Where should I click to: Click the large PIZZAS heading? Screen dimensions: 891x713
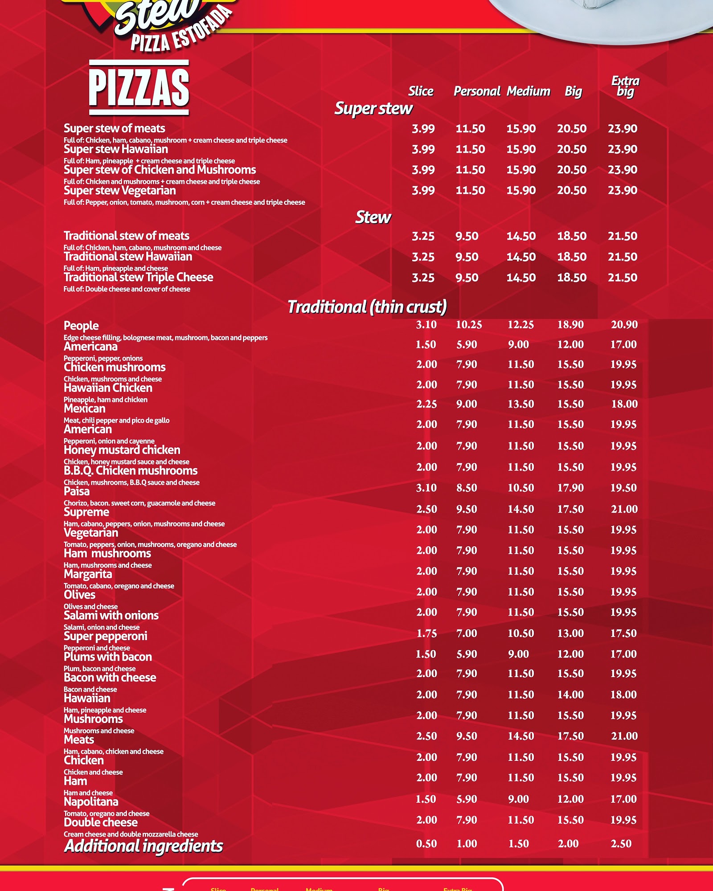pyautogui.click(x=139, y=87)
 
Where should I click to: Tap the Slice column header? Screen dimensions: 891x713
pyautogui.click(x=421, y=91)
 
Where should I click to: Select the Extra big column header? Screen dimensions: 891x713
pyautogui.click(x=625, y=86)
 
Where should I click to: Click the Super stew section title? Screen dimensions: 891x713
pyautogui.click(x=373, y=109)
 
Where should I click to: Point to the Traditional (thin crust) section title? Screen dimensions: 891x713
pyautogui.click(x=367, y=307)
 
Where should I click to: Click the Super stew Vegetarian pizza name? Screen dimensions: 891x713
pyautogui.click(x=119, y=191)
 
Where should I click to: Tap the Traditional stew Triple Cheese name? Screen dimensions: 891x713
pyautogui.click(x=138, y=277)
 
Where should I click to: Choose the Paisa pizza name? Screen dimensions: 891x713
pyautogui.click(x=77, y=491)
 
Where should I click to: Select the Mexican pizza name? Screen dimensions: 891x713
pyautogui.click(x=85, y=409)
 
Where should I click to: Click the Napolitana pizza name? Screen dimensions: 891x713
pyautogui.click(x=91, y=802)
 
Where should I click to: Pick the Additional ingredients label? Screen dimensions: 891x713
pyautogui.click(x=143, y=846)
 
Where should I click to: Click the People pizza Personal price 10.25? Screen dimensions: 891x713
pyautogui.click(x=468, y=325)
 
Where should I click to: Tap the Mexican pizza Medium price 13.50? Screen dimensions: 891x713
pyautogui.click(x=520, y=404)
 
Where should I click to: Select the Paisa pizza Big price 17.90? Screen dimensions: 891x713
pyautogui.click(x=570, y=488)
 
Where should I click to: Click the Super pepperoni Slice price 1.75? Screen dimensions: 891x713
pyautogui.click(x=426, y=634)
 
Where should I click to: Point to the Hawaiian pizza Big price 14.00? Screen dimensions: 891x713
pyautogui.click(x=570, y=695)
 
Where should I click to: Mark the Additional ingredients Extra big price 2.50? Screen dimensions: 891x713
pyautogui.click(x=621, y=844)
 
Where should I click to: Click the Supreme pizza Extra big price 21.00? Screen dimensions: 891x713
pyautogui.click(x=624, y=509)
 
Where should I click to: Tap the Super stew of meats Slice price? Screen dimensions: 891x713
pyautogui.click(x=423, y=129)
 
